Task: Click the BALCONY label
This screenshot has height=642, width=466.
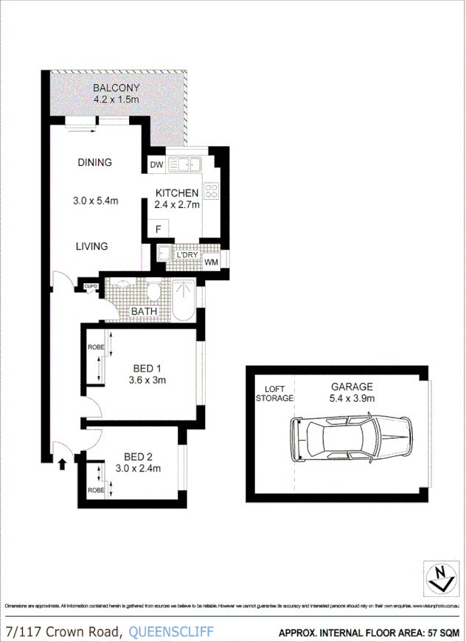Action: tap(116, 88)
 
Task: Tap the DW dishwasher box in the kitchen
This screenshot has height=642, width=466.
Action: tap(156, 165)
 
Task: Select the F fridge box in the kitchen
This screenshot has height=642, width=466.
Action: tap(159, 229)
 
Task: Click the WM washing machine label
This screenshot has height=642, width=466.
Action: tap(211, 261)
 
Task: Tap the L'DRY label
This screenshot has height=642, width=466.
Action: tap(185, 256)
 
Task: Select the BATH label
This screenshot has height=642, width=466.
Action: tap(144, 312)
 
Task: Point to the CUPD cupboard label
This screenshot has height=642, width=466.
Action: tap(91, 287)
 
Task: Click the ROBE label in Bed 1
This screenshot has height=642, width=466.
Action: tap(95, 346)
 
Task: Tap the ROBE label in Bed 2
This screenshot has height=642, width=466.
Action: tap(95, 489)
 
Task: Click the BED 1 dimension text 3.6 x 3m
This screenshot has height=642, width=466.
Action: tap(145, 380)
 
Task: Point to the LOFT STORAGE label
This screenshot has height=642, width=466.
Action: tap(274, 393)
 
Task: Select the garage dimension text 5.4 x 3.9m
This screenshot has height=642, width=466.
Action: tap(352, 398)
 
